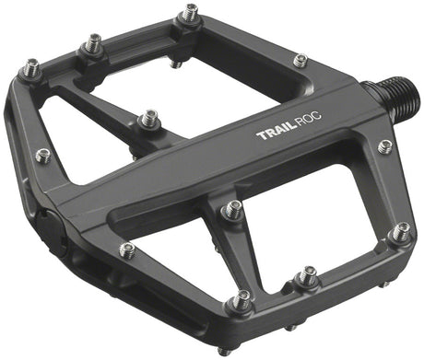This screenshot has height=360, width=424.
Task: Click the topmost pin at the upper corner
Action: coord(190,14)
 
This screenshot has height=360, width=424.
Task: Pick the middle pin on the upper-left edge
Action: coord(92,42)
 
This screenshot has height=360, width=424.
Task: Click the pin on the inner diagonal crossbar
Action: coord(147,119)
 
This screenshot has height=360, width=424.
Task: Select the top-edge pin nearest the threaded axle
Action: coord(300,61)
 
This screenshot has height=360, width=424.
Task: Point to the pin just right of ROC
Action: coord(384,146)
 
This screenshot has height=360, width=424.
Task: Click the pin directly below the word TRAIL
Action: coord(231,209)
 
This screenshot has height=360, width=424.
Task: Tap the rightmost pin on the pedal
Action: coord(398,232)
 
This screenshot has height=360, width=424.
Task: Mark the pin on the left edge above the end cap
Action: coord(41,155)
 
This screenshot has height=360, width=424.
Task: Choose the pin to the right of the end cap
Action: coord(127,249)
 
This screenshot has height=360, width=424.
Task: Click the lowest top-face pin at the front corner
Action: coord(242,300)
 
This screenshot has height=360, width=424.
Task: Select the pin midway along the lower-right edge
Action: coord(307,275)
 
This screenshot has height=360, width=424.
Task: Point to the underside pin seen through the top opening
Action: coord(175,64)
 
